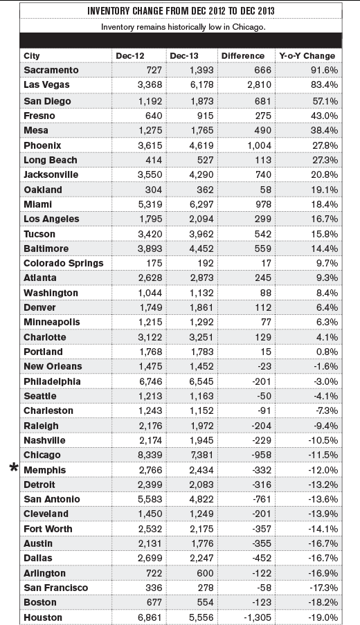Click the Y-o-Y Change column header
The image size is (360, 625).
(307, 56)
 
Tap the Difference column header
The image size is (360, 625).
(243, 56)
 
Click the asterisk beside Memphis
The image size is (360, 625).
(14, 468)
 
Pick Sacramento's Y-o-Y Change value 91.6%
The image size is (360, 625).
(325, 70)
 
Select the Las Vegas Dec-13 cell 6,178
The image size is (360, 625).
(201, 85)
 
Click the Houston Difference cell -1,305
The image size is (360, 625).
(256, 617)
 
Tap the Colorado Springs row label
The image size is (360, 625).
(64, 263)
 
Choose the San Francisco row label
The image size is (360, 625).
(56, 588)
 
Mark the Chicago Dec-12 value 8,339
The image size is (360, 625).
(150, 455)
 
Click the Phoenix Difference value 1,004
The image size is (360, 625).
(259, 145)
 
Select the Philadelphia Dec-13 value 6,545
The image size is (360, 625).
(201, 381)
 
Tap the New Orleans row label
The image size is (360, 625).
(53, 366)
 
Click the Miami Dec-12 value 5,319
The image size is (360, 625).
(150, 204)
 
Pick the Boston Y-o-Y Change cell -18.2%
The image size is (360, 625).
(323, 602)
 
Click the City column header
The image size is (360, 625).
(31, 56)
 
